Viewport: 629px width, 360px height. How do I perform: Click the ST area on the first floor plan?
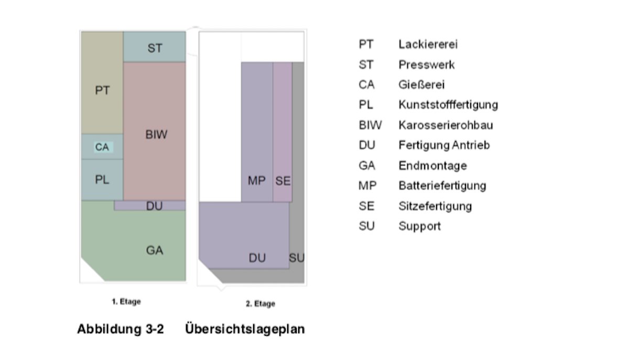point(155,48)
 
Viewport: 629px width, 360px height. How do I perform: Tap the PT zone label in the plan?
point(103,90)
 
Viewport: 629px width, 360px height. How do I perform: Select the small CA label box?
point(102,147)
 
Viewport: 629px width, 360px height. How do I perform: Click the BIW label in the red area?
point(156,135)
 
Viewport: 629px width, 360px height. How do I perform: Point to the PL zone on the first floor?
point(102,180)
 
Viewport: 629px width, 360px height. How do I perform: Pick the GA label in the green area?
point(155,250)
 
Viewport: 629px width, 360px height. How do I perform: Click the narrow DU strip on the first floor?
point(154,206)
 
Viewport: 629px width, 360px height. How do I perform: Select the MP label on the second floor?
point(256,181)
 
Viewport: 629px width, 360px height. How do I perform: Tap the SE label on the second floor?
point(283,181)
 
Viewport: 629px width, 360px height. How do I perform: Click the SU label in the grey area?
point(297,258)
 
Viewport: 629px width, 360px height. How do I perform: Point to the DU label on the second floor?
point(257,258)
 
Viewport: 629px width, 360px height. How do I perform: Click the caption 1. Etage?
point(126,302)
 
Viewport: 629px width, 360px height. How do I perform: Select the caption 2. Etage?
point(261,304)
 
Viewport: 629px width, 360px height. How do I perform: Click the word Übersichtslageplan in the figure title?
point(245,330)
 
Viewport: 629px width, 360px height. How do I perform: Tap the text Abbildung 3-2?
point(120,330)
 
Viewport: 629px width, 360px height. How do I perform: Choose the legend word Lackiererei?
point(428,45)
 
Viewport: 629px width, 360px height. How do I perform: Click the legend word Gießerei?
point(421,85)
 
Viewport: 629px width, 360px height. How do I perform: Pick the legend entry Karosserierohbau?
point(446,125)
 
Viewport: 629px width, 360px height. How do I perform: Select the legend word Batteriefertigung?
point(442,186)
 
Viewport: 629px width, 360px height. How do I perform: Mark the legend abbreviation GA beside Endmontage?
point(367,166)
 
